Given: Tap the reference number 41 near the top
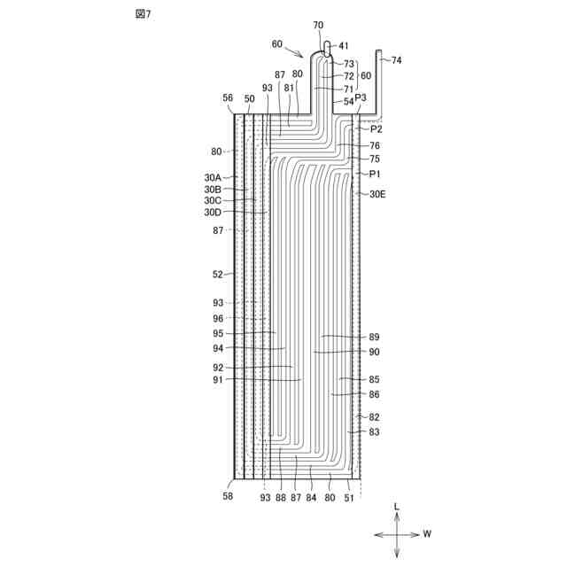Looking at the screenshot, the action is coord(344,45).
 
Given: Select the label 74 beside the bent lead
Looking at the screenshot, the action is coord(396,60).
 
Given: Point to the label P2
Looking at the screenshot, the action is coord(377,129).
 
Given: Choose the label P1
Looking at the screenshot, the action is coord(375,174).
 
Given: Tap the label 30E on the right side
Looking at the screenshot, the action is coord(377,193).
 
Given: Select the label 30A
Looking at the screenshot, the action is coord(213,177).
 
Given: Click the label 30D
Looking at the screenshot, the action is coord(213,212).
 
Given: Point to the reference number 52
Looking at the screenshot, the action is coord(218,275).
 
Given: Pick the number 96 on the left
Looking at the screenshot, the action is coord(218,317).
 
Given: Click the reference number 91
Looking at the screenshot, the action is coord(218,380).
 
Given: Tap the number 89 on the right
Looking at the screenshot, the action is coord(374,338).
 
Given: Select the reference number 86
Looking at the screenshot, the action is coord(374,394).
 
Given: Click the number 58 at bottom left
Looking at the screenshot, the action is coord(229,498).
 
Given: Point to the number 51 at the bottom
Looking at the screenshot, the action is coord(349,498).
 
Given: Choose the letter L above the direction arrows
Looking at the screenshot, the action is coord(397,507).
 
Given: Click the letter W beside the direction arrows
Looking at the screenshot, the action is coord(427,534).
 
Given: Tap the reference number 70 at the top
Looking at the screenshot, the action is coord(318,26).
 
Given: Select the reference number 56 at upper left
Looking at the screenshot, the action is coord(229,98).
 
